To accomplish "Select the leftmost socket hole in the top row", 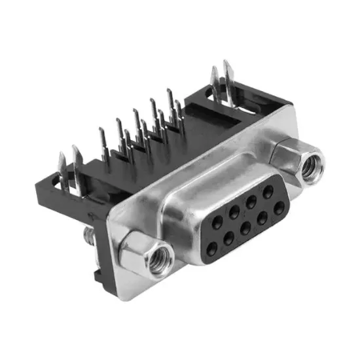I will point(216,222).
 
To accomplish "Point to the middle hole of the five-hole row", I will point(242,207).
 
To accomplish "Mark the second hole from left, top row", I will point(230,214).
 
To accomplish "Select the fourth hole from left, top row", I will point(255,200).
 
